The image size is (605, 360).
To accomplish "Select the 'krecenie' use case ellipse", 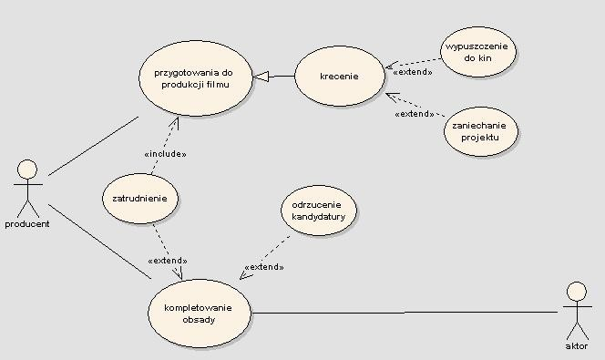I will [x=339, y=77].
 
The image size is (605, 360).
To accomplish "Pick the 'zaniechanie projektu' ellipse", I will [x=481, y=131].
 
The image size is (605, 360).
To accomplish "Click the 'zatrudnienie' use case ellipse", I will [x=139, y=198].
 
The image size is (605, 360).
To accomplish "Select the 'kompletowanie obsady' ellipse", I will [x=198, y=314].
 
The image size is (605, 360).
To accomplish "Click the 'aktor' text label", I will [x=576, y=347].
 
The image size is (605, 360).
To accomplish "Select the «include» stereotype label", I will [x=166, y=154].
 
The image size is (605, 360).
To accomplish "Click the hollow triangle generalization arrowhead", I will [x=261, y=77].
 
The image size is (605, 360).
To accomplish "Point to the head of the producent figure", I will [x=28, y=169].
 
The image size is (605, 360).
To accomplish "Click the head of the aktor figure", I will [x=575, y=291].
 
